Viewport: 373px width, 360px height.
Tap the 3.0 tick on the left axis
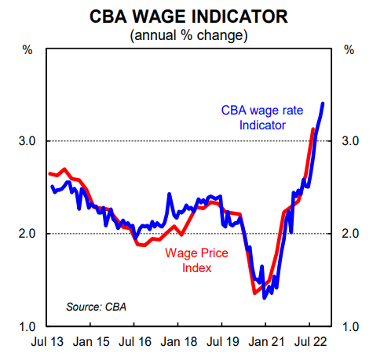pyautogui.click(x=27, y=141)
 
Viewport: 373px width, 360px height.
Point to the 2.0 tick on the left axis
pyautogui.click(x=27, y=234)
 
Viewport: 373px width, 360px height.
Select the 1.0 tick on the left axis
pyautogui.click(x=27, y=326)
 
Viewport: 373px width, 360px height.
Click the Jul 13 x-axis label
pyautogui.click(x=48, y=344)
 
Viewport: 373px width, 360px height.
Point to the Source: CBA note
pyautogui.click(x=95, y=306)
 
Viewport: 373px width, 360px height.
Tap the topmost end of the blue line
pyautogui.click(x=324, y=104)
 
